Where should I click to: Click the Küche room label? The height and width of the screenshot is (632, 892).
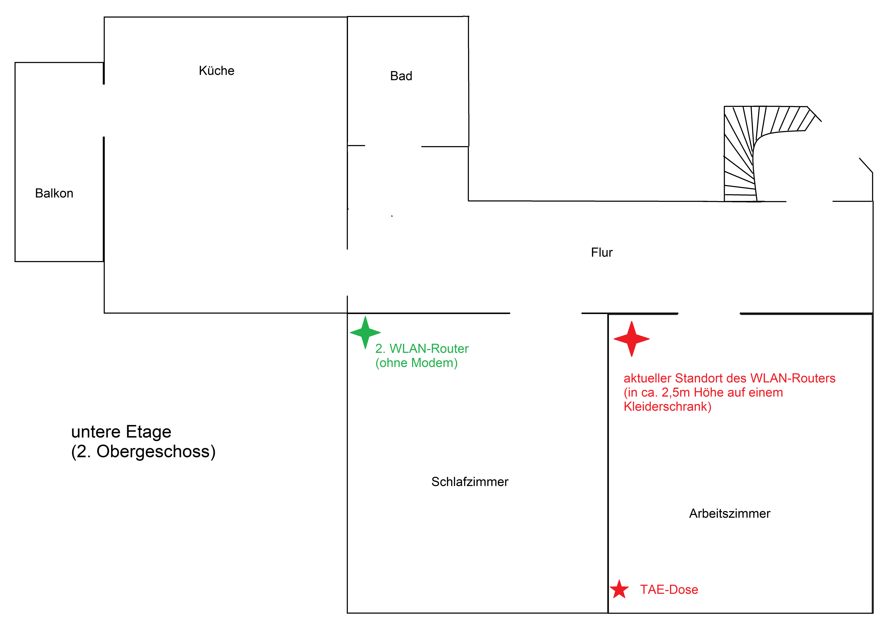point(216,70)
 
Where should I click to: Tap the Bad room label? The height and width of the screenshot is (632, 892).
point(401,76)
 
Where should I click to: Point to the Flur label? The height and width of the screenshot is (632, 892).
point(602,252)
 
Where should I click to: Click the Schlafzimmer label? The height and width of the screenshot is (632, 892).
point(470,482)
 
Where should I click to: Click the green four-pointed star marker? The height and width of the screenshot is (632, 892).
point(365,332)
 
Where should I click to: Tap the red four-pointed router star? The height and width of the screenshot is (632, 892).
point(632,339)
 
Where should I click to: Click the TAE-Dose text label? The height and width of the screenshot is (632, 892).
point(669,589)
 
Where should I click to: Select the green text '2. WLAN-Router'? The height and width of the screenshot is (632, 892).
point(422,348)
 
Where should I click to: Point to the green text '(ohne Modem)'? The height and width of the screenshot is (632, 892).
point(416,363)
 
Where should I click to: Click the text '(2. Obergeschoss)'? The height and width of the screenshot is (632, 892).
point(143,452)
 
